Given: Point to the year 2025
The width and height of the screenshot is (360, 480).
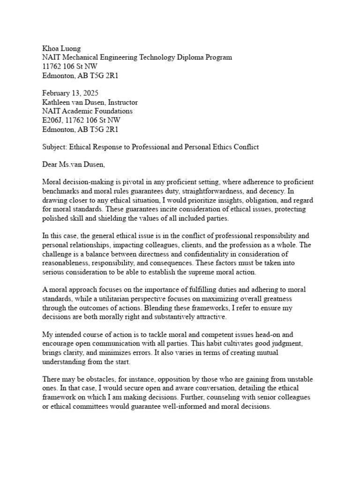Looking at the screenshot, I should click(90, 93).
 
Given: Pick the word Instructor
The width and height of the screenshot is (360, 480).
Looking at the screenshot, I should click(121, 102).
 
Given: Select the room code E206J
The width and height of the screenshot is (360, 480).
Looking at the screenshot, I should click(52, 120).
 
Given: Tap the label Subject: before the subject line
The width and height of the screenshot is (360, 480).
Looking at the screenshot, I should click(55, 147).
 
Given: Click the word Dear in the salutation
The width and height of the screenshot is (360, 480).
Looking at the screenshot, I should click(50, 165).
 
